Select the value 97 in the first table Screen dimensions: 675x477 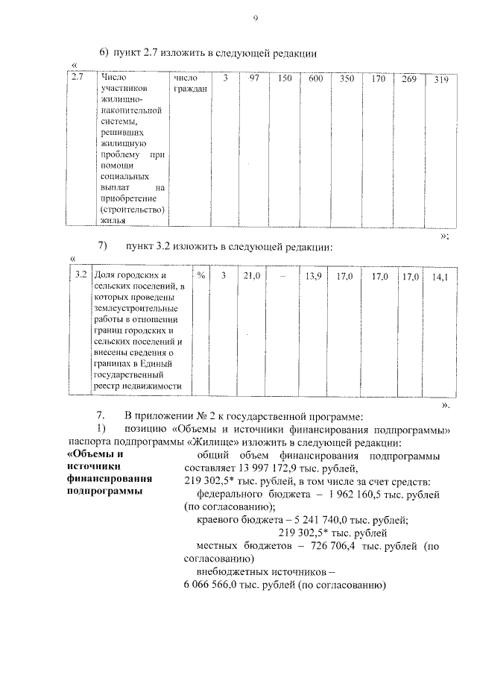(253, 78)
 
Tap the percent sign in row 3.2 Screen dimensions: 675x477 (200, 276)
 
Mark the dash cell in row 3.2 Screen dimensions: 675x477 (282, 277)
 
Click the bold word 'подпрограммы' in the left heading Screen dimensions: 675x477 (102, 492)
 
